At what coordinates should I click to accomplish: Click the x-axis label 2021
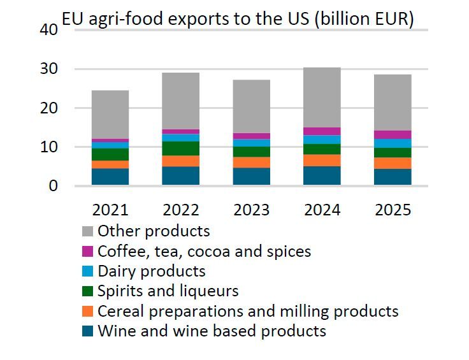pos(110,210)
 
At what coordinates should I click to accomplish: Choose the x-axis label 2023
pos(251,210)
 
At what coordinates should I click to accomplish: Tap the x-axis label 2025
pos(392,210)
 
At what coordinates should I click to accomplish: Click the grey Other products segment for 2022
pos(180,101)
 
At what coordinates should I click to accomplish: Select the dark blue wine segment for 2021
pos(110,176)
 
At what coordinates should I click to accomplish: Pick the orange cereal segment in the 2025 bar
pos(392,162)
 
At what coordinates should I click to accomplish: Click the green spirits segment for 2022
pos(180,148)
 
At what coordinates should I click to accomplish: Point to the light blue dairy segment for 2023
pos(251,143)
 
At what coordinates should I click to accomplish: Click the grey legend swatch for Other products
pos(87,231)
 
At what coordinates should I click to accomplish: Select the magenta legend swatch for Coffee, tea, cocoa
pos(87,251)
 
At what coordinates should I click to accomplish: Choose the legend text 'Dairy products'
pos(152,271)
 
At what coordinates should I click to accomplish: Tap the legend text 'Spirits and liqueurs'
pos(168,291)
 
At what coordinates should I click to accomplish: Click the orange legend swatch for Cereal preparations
pos(87,311)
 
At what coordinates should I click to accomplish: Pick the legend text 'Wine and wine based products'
pos(212,331)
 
